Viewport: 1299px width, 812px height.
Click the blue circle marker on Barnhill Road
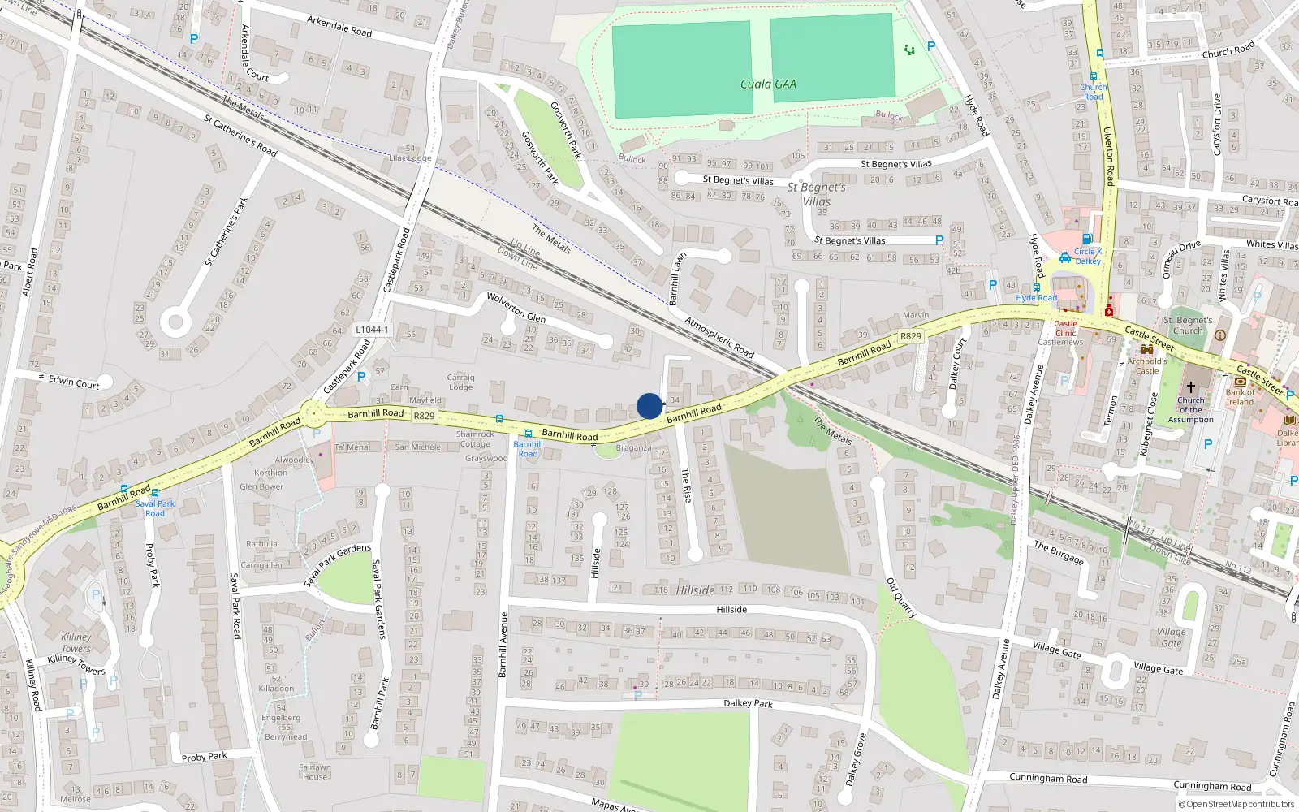[649, 406]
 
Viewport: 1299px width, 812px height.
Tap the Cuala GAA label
[768, 84]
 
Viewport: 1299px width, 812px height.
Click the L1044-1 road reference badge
[372, 330]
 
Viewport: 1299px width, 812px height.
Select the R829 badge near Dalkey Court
[911, 335]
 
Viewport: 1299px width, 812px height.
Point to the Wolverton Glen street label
[516, 307]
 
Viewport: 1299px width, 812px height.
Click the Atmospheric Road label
[719, 336]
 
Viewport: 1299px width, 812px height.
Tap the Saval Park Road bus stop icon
[155, 493]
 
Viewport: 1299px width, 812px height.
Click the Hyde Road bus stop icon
[1037, 287]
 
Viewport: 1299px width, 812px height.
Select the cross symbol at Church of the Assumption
[1191, 387]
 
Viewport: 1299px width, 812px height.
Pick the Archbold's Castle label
[1147, 366]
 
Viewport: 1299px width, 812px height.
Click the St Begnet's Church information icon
[1219, 335]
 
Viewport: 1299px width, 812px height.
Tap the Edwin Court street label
[74, 382]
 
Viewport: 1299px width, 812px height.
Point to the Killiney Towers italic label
[76, 643]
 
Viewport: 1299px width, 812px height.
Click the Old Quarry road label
[901, 598]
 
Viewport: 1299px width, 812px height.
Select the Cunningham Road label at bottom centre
[1048, 778]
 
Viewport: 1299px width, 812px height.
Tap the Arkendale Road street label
[339, 26]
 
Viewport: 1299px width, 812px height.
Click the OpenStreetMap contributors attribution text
[1236, 804]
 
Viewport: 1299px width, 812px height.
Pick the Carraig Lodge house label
[460, 382]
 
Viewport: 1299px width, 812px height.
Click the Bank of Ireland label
[1240, 397]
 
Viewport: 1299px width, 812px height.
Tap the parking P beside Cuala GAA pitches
[931, 46]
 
